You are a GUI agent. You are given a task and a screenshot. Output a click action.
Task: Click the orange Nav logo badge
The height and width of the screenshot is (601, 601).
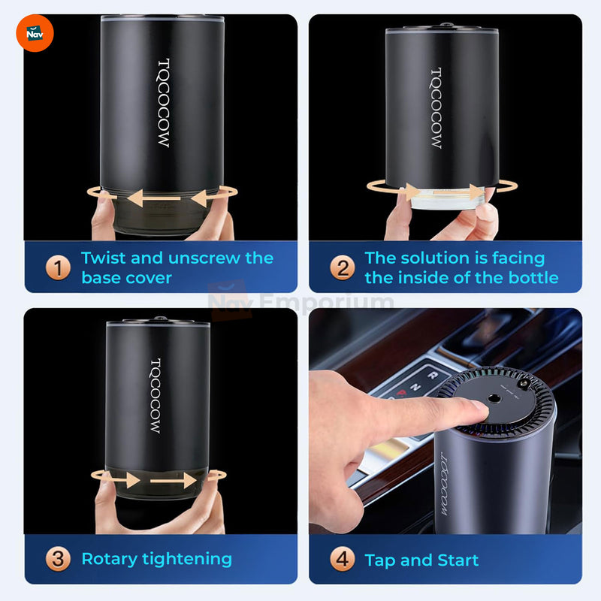(x=35, y=33)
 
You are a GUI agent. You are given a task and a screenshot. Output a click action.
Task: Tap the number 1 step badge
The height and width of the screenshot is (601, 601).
(x=58, y=267)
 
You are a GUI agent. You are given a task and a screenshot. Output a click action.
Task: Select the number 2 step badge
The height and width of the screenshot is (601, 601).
(x=343, y=267)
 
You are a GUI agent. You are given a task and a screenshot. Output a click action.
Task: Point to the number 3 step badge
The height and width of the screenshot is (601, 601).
(x=58, y=559)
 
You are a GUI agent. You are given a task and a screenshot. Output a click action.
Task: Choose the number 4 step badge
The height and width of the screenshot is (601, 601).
(x=343, y=559)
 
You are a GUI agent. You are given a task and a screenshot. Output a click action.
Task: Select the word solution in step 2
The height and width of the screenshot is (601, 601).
(x=434, y=258)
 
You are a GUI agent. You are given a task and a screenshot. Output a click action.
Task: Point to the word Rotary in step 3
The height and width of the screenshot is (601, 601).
(x=110, y=560)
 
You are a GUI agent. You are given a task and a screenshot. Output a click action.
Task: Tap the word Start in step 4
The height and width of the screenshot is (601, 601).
(x=458, y=560)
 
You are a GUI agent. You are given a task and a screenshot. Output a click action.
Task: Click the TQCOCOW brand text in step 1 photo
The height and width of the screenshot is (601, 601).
(x=164, y=103)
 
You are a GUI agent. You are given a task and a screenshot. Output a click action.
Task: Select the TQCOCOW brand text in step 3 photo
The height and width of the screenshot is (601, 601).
(x=156, y=396)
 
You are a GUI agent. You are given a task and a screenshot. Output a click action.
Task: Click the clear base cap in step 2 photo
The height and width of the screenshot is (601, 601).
(x=446, y=198)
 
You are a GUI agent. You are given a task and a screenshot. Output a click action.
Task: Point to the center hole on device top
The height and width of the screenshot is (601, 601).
(x=494, y=398)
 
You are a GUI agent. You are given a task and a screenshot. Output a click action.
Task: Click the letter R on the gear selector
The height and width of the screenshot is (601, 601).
(x=433, y=375)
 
